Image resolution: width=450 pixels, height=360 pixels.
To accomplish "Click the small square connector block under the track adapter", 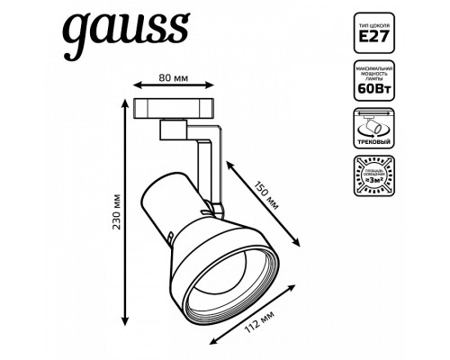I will tap(169, 130).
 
